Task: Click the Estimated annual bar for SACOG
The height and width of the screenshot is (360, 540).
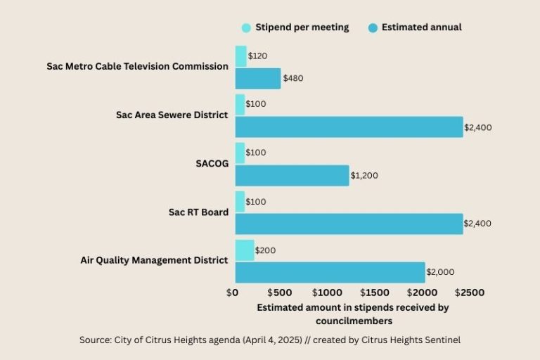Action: coord(292,175)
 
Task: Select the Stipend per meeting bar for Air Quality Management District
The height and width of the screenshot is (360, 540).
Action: coord(245,250)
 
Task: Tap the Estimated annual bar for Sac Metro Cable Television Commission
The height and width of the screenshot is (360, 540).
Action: coord(257,78)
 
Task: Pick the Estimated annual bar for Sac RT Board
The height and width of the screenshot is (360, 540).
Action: coord(349,224)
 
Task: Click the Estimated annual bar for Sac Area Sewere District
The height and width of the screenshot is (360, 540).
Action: coord(349,127)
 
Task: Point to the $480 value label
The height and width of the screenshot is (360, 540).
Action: coord(292,78)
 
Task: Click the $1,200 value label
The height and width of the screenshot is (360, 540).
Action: coord(364,175)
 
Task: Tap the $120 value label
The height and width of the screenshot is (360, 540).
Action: coord(257,56)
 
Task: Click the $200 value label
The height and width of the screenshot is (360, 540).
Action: coord(265,250)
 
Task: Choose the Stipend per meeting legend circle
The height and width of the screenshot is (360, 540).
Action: coord(246,28)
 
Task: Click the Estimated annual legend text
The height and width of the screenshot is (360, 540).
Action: coord(421,28)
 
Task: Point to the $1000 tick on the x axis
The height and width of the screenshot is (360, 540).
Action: coord(327,292)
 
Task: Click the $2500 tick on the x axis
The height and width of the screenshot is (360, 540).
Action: coord(469,292)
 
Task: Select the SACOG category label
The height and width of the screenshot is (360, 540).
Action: coord(212,163)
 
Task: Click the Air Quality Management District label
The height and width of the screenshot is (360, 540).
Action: coord(154,260)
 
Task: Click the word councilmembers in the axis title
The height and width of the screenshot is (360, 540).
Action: coord(353,321)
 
